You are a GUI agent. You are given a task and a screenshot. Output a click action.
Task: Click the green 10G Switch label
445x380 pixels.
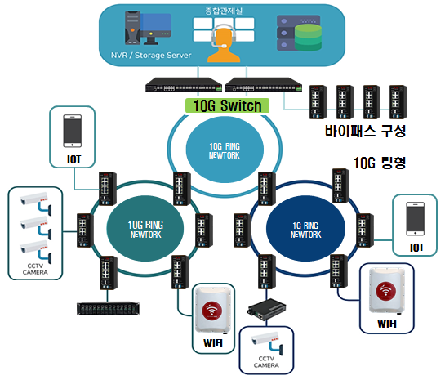point(227,105)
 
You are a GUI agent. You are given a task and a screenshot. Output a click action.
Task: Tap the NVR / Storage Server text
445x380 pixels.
point(151,55)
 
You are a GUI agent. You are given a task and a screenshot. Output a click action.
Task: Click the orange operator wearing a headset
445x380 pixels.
point(224,44)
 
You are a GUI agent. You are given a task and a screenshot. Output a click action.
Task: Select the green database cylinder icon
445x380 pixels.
point(308,38)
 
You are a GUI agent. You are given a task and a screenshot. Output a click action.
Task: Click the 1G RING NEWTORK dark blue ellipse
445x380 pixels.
point(305,228)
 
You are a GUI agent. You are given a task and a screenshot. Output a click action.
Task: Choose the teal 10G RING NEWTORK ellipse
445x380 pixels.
point(145,228)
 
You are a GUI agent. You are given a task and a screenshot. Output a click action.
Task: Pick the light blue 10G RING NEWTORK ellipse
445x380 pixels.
point(225,150)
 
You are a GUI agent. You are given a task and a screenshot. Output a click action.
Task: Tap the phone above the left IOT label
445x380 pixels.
point(73,131)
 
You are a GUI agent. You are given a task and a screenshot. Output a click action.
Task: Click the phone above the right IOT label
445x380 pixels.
point(416,219)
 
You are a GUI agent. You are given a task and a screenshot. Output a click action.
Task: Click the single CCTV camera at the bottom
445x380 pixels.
point(267,342)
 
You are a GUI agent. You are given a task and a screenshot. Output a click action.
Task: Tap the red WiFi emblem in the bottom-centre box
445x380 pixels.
point(212,311)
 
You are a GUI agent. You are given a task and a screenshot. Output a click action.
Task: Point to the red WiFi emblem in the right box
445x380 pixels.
point(385,292)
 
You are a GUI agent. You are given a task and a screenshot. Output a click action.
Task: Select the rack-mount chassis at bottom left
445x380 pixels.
point(108,308)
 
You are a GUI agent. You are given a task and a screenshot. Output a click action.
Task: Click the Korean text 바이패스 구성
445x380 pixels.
point(366,131)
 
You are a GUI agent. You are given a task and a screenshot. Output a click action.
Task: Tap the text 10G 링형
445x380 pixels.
point(380,163)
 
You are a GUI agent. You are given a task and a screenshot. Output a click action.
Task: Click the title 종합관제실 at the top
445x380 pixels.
point(224,11)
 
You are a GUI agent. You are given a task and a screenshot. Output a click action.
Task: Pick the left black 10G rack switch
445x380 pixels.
point(184,85)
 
